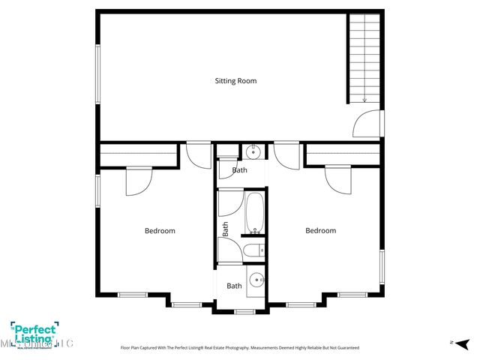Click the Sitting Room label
pos(235,80)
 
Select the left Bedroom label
pos(160,231)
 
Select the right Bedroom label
pos(320,231)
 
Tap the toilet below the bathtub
pos(253,250)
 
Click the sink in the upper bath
pos(253,152)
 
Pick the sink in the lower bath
pos(256,280)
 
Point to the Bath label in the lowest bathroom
pos(235,286)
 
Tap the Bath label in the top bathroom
pos(239,170)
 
